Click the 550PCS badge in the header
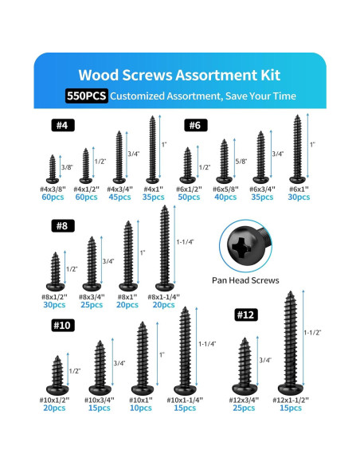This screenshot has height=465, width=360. (x=87, y=96)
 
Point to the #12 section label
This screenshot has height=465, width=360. (x=246, y=315)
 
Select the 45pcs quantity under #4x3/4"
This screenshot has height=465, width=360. (x=120, y=197)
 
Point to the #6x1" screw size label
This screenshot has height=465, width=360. (x=298, y=188)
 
